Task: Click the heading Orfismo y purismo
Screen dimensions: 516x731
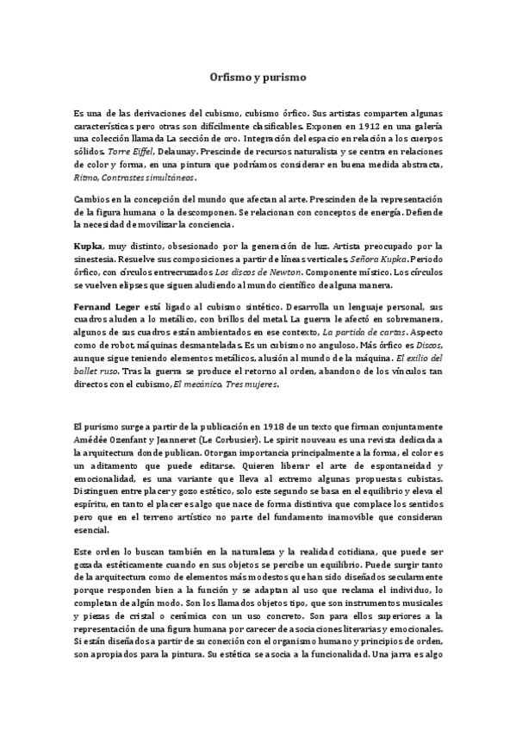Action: coord(258,77)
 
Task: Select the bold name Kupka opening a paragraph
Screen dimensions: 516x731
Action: coord(89,246)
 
